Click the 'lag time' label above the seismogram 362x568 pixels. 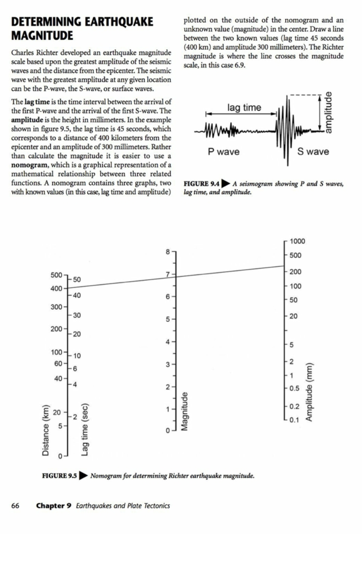point(244,108)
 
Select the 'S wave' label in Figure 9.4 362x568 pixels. point(313,152)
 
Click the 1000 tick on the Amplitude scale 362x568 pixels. point(297,241)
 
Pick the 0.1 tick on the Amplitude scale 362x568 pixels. point(295,420)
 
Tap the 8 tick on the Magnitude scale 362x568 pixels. point(168,252)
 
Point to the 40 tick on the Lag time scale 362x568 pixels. point(76,295)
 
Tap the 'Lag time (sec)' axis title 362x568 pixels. point(85,430)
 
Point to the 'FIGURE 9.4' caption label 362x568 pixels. point(201,184)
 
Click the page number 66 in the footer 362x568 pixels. point(15,506)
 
